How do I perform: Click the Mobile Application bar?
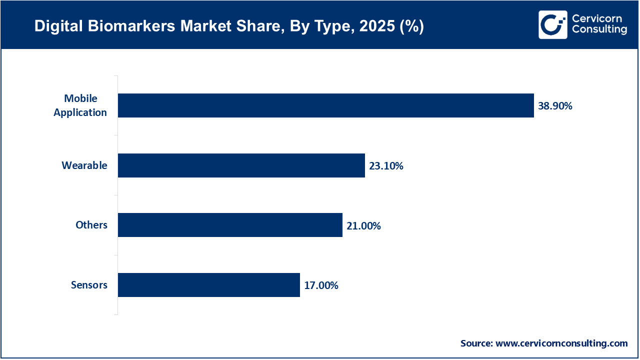pyautogui.click(x=325, y=105)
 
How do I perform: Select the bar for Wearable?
pyautogui.click(x=241, y=165)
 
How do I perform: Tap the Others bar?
pyautogui.click(x=230, y=225)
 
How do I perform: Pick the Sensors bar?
pyautogui.click(x=208, y=285)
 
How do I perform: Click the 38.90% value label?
pyautogui.click(x=555, y=106)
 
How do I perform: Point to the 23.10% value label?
pyautogui.click(x=386, y=166)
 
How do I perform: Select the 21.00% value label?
pyautogui.click(x=363, y=226)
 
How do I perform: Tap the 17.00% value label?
pyautogui.click(x=321, y=285)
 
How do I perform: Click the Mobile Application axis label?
pyautogui.click(x=80, y=105)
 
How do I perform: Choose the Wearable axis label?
pyautogui.click(x=84, y=165)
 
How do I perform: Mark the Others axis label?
pyautogui.click(x=91, y=225)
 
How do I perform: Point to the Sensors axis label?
pyautogui.click(x=89, y=285)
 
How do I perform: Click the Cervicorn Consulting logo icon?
pyautogui.click(x=552, y=24)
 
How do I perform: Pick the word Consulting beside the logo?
pyautogui.click(x=599, y=30)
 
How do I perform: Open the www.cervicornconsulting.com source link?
pyautogui.click(x=561, y=343)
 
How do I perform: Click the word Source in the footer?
pyautogui.click(x=476, y=343)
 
